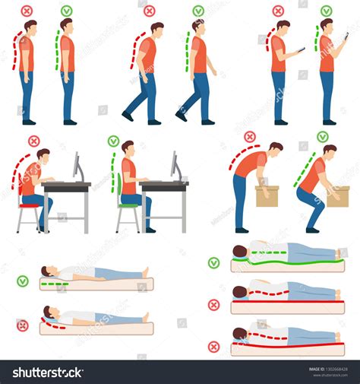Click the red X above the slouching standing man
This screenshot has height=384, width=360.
pyautogui.click(x=27, y=11)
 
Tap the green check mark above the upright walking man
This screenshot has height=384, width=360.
pyautogui.click(x=198, y=11)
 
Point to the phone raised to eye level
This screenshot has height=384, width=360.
pyautogui.click(x=346, y=36)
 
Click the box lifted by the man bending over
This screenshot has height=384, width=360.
pyautogui.click(x=267, y=196)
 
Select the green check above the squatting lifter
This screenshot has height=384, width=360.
pyautogui.click(x=323, y=137)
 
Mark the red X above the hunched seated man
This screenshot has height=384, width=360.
pyautogui.click(x=34, y=141)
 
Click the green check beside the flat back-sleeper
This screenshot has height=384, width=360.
pyautogui.click(x=23, y=281)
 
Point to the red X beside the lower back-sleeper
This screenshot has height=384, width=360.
pyautogui.click(x=23, y=325)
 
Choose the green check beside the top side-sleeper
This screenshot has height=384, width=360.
pyautogui.click(x=214, y=262)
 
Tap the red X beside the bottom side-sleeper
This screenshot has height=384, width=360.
pyautogui.click(x=214, y=347)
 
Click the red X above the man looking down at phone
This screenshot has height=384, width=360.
pyautogui.click(x=278, y=11)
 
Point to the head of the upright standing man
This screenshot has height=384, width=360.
pyautogui.click(x=66, y=25)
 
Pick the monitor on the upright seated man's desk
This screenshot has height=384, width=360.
pyautogui.click(x=175, y=165)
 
